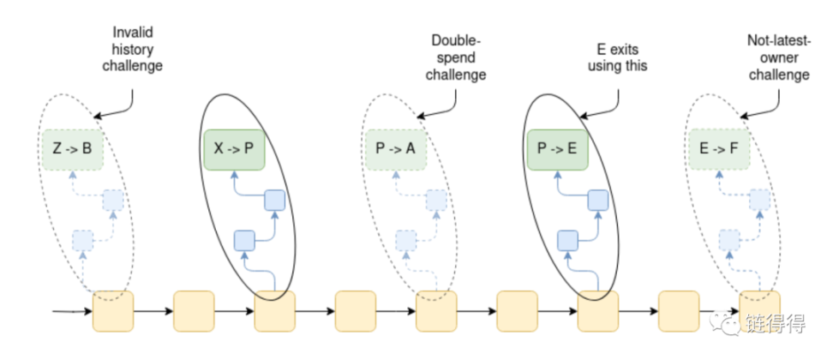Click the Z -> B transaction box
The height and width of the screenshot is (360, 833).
[73, 148]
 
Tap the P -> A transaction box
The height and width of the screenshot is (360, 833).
[395, 148]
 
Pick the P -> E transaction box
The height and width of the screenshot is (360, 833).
[558, 148]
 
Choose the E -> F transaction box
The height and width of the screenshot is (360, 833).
[719, 148]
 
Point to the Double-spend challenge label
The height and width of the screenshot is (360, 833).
[458, 57]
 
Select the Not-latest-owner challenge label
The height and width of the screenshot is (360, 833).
[778, 57]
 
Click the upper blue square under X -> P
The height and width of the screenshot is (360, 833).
[274, 201]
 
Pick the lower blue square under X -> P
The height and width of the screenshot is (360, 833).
[244, 239]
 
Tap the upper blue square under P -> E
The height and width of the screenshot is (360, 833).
[598, 201]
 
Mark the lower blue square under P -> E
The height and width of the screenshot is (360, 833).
[567, 239]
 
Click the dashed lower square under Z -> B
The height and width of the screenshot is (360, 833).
[83, 239]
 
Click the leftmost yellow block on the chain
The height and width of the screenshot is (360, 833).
[113, 311]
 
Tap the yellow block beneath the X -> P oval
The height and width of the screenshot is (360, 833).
[274, 311]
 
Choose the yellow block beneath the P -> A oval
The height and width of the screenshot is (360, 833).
[436, 311]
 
